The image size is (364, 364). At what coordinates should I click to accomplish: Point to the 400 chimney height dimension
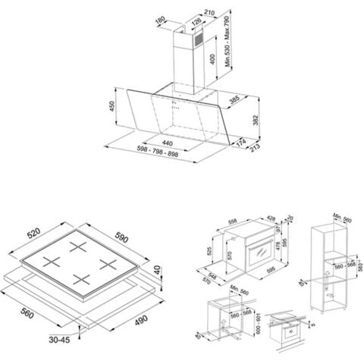tap(215, 58)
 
